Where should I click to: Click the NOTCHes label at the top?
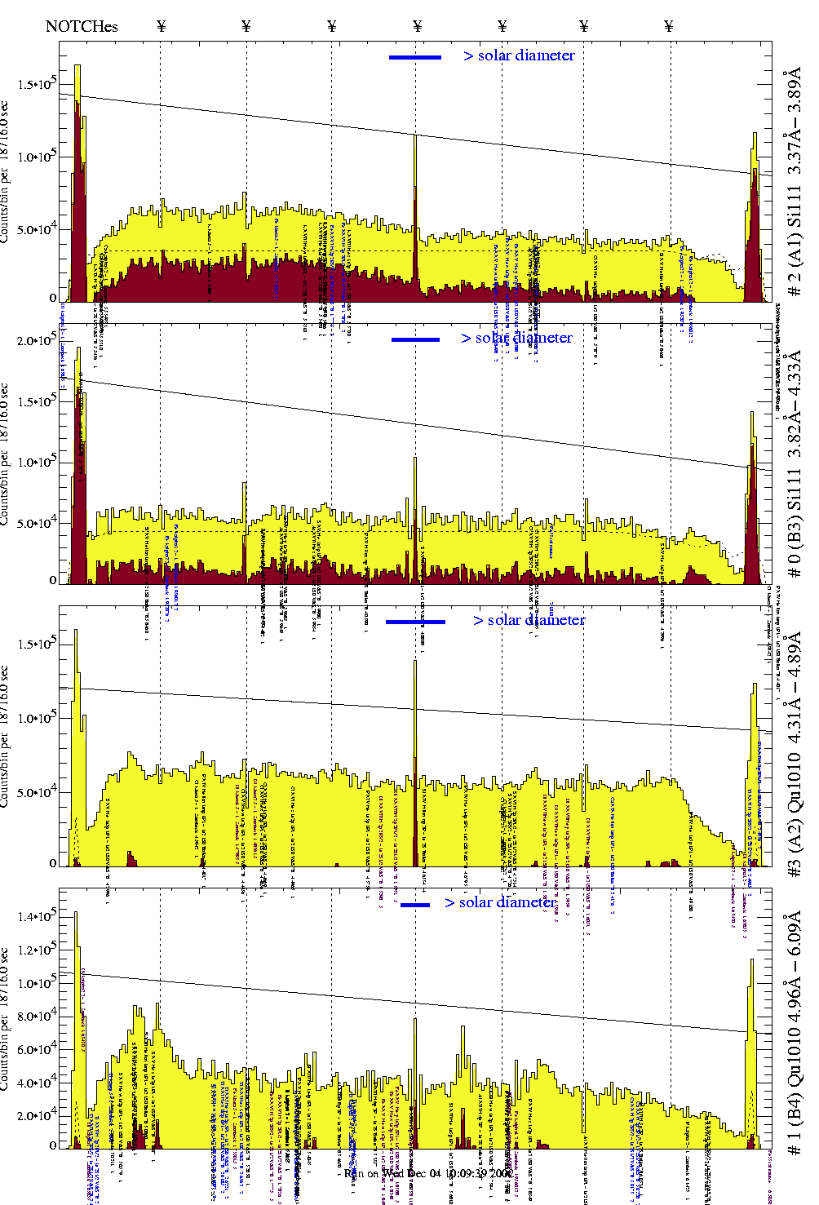click(82, 26)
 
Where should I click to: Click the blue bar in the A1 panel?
click(415, 57)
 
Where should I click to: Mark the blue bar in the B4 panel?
click(415, 905)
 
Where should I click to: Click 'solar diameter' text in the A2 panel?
click(536, 620)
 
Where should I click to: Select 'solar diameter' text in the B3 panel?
click(524, 338)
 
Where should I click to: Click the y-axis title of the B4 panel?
click(7, 1019)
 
